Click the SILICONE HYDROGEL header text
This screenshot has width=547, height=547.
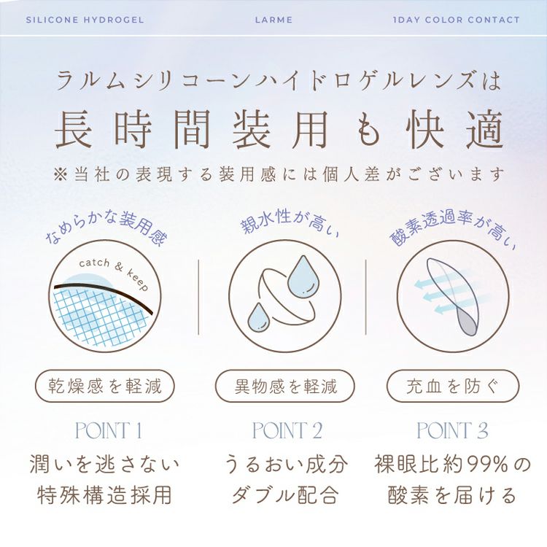point(85,20)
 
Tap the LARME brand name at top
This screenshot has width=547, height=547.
point(273,20)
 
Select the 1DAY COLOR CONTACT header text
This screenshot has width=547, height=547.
point(457,20)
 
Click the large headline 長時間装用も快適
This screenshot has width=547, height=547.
point(279,128)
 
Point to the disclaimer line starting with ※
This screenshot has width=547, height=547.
point(279,174)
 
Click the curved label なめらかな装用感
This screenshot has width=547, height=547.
point(106,228)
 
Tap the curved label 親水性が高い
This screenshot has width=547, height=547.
point(290,222)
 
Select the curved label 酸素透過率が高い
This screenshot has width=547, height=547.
point(452,229)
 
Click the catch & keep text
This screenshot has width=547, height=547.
point(114,273)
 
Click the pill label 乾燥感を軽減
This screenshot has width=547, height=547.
point(105,387)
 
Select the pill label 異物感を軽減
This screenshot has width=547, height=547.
point(285,387)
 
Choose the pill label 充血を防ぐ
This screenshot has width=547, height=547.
point(453,387)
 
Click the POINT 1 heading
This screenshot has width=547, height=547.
point(109,430)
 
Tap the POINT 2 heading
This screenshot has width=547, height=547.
point(287,430)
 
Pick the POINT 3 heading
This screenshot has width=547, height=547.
point(452,430)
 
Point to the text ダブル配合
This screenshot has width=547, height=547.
point(285,494)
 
